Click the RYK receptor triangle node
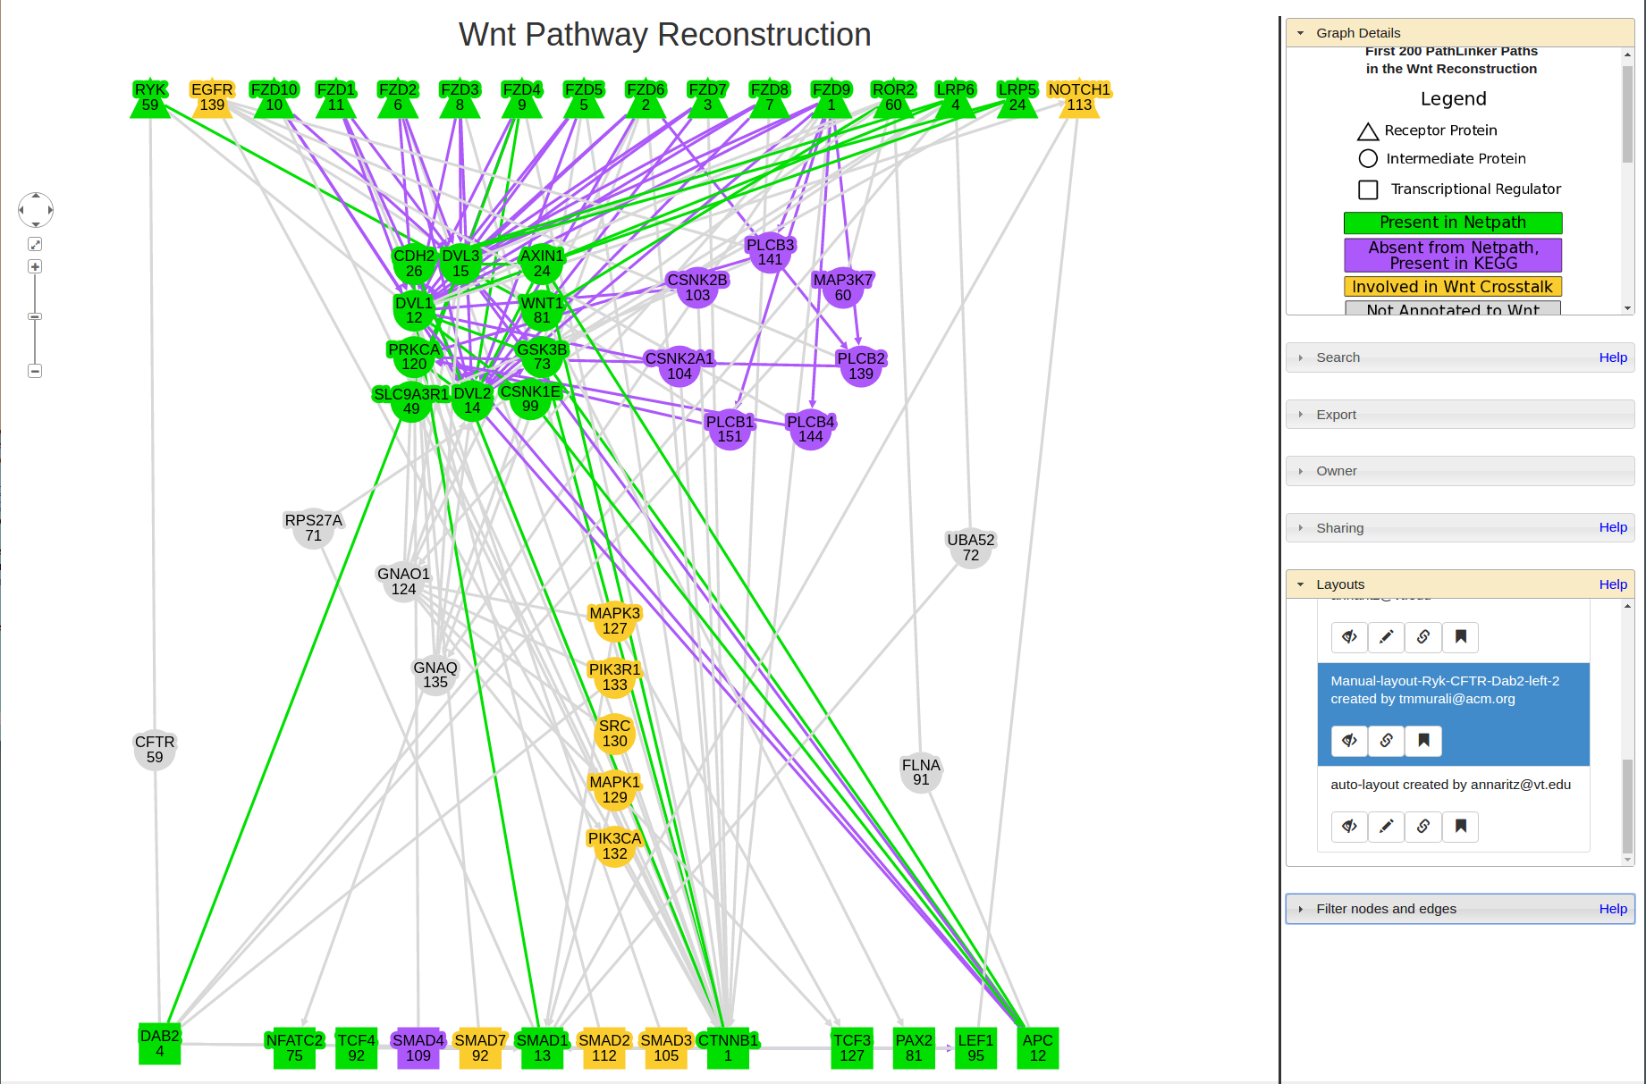coord(150,98)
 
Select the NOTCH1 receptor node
coord(1079,98)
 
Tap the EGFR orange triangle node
coord(212,98)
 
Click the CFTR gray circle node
coord(155,750)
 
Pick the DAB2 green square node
coord(160,1044)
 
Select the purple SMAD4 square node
coord(418,1048)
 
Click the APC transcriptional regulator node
coord(1037,1048)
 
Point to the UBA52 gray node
coord(971,548)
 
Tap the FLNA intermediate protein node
coord(921,773)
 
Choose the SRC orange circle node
coord(614,734)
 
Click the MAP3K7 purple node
coord(842,288)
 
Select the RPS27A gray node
coord(313,528)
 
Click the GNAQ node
coord(435,676)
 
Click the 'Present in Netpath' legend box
coord(1453,223)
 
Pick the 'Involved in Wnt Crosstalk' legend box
coord(1453,287)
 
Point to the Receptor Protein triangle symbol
coord(1368,131)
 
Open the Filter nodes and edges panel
coord(1386,909)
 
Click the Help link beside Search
coord(1613,357)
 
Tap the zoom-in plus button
coord(35,266)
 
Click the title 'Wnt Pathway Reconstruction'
coord(664,35)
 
